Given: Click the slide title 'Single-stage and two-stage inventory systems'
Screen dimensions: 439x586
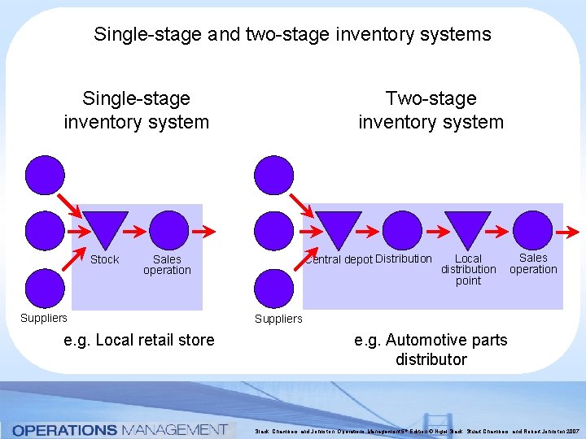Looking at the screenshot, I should tap(292, 34).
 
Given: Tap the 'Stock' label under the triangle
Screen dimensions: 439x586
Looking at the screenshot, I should tap(104, 260).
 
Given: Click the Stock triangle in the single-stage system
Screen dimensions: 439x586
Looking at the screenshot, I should tap(107, 228).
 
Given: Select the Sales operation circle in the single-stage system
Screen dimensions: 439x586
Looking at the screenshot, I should tap(169, 230).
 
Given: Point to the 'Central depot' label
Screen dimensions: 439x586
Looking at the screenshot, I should tap(339, 260).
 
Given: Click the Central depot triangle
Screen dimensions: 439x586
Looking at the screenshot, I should tap(338, 228).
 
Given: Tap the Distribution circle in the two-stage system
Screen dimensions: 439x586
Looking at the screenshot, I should tap(403, 230).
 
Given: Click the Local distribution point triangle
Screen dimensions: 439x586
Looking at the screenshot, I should tap(468, 228).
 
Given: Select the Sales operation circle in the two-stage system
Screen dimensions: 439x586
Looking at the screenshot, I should tap(533, 230).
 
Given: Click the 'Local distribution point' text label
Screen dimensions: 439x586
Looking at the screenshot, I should tap(468, 270).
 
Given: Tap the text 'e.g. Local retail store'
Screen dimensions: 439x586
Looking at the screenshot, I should tap(139, 340).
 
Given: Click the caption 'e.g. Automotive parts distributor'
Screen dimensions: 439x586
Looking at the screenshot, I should tap(431, 350).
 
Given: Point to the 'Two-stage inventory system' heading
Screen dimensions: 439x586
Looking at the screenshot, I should tap(431, 111).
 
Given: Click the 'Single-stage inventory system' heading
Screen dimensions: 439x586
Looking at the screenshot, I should tap(136, 111).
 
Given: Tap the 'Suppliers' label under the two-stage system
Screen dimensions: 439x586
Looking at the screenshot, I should tap(278, 319).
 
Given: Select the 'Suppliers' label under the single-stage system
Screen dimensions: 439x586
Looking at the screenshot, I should tap(44, 318).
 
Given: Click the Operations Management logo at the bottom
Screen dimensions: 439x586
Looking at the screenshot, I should tap(119, 429).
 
